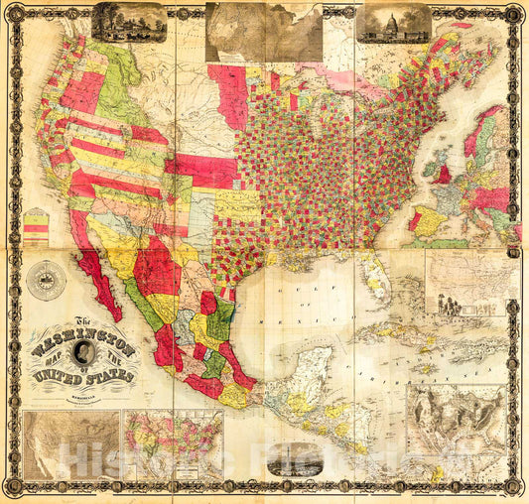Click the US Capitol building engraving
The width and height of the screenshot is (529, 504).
pyautogui.click(x=394, y=24)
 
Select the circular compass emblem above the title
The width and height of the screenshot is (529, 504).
pyautogui.click(x=46, y=280)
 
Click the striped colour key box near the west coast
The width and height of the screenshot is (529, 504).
pyautogui.click(x=36, y=227)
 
